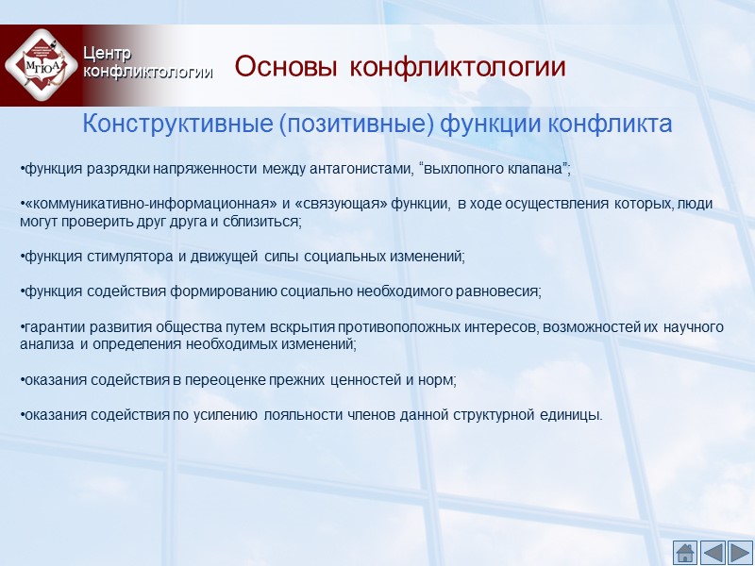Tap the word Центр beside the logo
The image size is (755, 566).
107,53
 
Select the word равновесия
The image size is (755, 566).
496,291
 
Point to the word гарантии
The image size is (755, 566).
51,326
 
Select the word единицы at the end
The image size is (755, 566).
572,415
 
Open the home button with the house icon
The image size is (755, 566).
685,552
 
